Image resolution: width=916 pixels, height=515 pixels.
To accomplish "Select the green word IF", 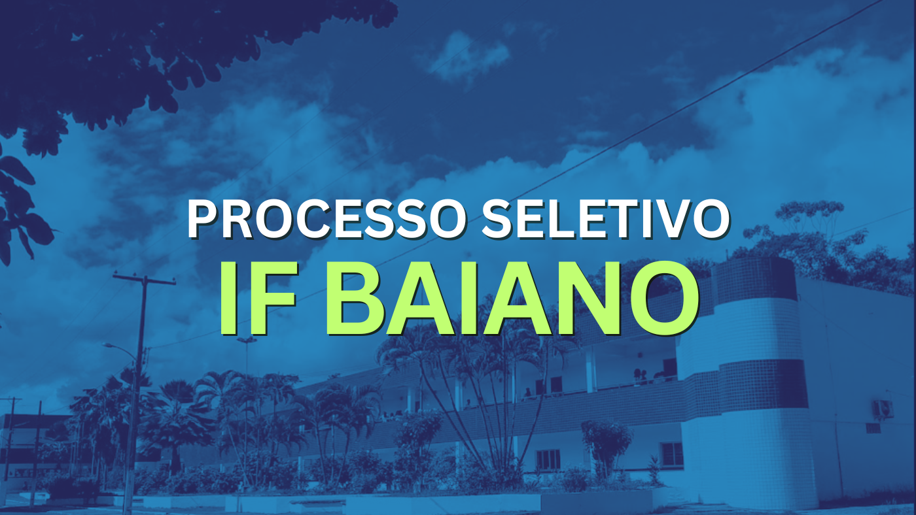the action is (258, 298).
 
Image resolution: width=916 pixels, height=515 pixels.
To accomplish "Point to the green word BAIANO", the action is (512, 298).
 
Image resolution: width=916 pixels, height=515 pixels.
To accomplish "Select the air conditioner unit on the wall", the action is (883, 409).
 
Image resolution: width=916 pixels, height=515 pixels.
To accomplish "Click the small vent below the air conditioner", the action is (873, 429).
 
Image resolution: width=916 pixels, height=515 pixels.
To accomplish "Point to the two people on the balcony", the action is (640, 376).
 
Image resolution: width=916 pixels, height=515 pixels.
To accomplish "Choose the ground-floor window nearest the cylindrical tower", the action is (671, 454).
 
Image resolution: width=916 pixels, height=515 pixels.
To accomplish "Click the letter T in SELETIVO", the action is (600, 219).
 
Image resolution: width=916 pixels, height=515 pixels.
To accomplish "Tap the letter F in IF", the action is (275, 299).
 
